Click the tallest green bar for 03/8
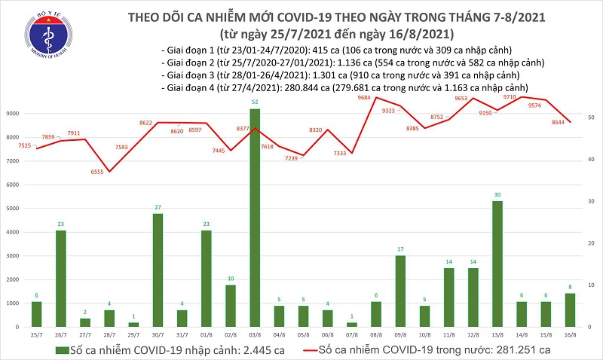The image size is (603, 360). (x=255, y=218)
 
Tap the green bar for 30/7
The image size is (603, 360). (x=158, y=270)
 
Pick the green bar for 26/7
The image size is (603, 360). (x=60, y=279)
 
